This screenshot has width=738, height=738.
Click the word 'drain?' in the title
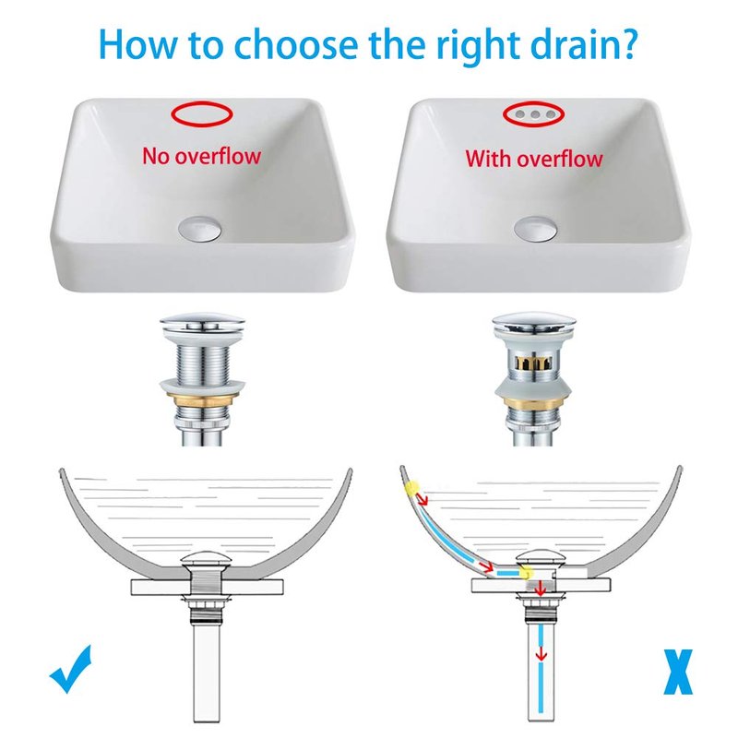tap(584, 45)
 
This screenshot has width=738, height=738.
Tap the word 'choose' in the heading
tap(295, 45)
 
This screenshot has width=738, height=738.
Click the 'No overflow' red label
tap(201, 156)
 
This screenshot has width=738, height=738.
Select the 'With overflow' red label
tap(534, 158)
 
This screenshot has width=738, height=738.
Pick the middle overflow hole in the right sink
tap(535, 114)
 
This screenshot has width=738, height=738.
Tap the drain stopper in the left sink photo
tap(199, 229)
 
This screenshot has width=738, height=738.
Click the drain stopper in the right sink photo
tap(535, 229)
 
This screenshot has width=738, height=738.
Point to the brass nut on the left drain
tap(201, 399)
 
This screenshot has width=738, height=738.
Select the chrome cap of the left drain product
tap(202, 321)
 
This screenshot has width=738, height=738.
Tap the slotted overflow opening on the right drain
tap(534, 363)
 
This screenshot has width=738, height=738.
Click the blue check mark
tap(71, 671)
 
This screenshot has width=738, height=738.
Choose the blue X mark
tap(678, 672)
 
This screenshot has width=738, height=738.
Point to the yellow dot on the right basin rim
tap(411, 488)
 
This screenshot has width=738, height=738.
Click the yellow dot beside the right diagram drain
tap(526, 573)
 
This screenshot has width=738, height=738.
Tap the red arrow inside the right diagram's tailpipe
tap(542, 653)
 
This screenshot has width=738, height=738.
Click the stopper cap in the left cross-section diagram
tap(206, 559)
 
